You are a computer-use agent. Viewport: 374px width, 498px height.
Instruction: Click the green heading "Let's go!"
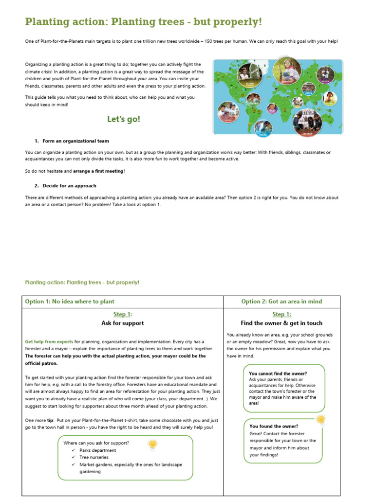pos(123,119)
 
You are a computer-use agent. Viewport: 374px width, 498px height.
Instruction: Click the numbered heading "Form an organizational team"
pos(75,141)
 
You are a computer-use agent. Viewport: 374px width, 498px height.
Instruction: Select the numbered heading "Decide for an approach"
pos(69,186)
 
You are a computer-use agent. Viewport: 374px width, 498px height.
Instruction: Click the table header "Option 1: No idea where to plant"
pos(70,302)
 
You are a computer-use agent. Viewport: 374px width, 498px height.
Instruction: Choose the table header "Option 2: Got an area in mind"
pos(281,302)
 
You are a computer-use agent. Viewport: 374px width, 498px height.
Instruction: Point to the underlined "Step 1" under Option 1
pos(122,315)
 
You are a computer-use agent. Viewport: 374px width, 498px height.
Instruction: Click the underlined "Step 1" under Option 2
pos(281,315)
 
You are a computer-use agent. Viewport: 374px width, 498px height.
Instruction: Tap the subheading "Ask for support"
pos(122,323)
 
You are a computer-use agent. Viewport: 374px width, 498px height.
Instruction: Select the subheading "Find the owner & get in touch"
pos(281,323)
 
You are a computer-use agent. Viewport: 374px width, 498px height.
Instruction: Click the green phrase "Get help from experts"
pos(49,342)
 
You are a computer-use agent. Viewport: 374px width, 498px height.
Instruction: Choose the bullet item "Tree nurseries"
pos(94,457)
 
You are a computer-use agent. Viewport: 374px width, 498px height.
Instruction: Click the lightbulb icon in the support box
pos(153,444)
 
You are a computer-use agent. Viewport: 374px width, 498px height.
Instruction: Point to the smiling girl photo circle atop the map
pos(286,71)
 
